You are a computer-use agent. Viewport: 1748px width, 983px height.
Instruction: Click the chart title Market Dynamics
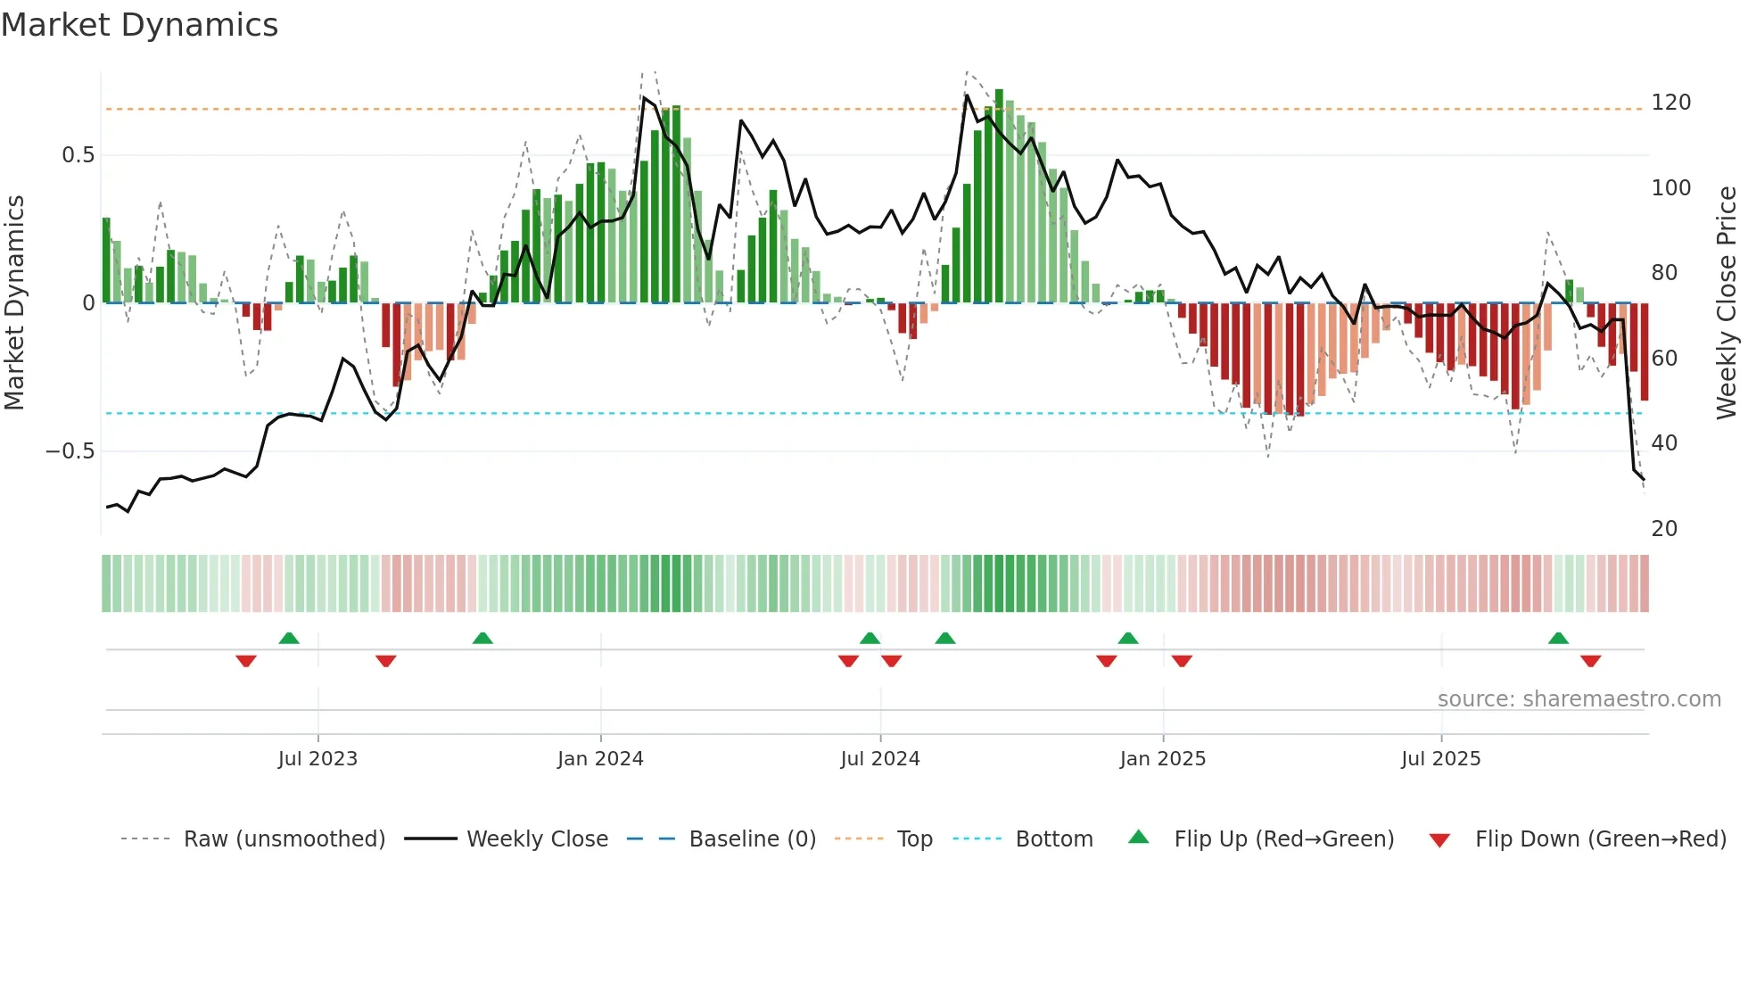(139, 25)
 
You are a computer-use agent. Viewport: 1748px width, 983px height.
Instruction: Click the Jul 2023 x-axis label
(317, 759)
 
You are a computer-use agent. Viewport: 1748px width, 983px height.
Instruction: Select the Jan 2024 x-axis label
(600, 759)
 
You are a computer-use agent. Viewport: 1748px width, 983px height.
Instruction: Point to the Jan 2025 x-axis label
(1162, 759)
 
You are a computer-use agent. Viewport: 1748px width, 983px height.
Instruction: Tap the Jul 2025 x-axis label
(1440, 759)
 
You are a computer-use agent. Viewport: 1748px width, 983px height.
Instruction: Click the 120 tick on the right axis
(1670, 103)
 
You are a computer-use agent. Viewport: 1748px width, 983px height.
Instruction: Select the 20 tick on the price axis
(1664, 529)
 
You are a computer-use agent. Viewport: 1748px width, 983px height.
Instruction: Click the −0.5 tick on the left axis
(70, 451)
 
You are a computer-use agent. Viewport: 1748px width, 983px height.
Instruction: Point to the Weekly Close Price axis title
(1727, 303)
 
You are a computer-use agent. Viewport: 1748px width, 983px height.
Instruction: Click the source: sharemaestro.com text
(1579, 699)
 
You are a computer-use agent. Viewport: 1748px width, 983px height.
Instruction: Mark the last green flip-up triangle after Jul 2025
(1558, 638)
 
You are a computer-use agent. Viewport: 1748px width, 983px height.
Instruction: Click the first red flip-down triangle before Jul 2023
(246, 661)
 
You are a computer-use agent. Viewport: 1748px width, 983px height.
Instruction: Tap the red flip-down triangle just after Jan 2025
(1182, 661)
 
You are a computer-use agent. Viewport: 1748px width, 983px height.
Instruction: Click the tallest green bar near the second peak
(999, 196)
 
